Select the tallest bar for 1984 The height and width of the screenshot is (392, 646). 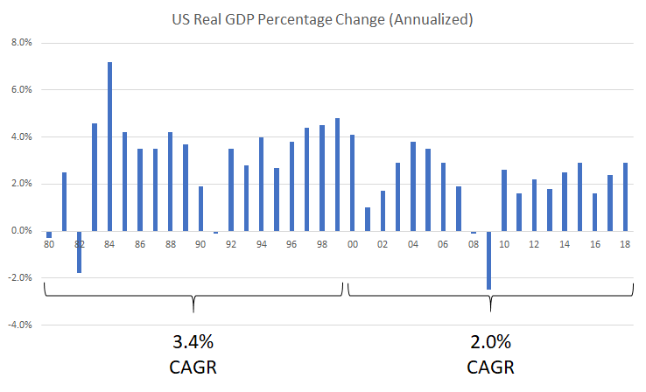(109, 146)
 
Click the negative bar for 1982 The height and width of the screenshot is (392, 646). (79, 252)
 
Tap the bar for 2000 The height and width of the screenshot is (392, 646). (352, 183)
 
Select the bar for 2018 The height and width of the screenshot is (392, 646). (625, 197)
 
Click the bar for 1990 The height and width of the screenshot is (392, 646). (200, 208)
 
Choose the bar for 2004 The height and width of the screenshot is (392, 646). (413, 186)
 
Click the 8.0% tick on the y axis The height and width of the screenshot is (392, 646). (19, 42)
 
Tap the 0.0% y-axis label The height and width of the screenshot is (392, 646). (19, 231)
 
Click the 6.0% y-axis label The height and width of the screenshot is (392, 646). (19, 89)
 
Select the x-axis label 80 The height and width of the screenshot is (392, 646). (49, 246)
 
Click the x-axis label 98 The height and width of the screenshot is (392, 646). (321, 246)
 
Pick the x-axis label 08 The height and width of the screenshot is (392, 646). (474, 246)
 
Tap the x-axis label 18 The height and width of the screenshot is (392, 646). (625, 246)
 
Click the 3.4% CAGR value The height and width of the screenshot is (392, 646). (193, 340)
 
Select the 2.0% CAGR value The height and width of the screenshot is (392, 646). (490, 340)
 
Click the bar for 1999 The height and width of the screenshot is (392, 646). (337, 174)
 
